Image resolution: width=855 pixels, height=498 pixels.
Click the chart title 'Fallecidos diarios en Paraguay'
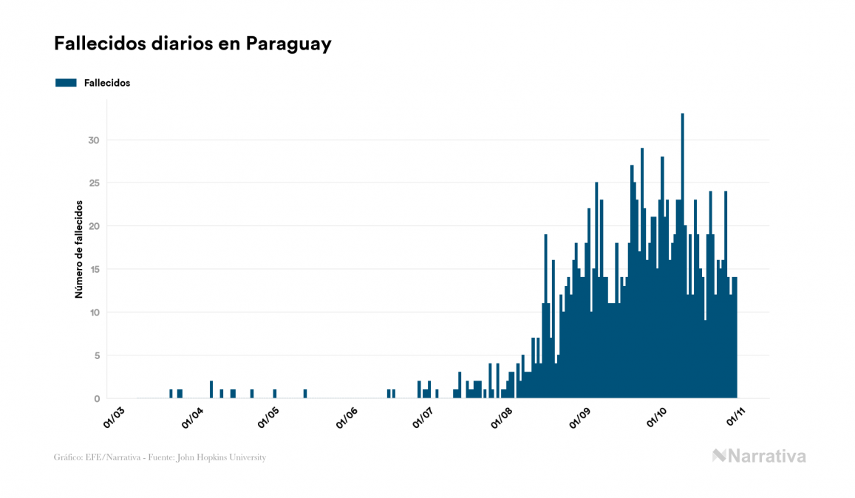[193, 44]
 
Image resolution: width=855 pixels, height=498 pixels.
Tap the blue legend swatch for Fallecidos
[66, 83]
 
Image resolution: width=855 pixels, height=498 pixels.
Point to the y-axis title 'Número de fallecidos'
[78, 249]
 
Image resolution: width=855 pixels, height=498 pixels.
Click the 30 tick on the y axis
[93, 140]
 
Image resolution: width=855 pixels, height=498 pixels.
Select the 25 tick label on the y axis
[93, 183]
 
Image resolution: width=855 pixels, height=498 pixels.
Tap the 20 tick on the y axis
[93, 226]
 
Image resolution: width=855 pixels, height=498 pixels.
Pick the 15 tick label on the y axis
[93, 270]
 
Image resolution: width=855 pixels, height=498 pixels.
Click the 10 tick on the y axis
[93, 313]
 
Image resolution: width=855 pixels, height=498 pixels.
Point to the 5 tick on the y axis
[96, 355]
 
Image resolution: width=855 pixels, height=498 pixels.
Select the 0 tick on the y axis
[96, 399]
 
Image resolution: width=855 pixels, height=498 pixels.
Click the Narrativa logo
[759, 456]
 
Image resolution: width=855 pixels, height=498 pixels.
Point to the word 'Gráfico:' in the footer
[69, 457]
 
